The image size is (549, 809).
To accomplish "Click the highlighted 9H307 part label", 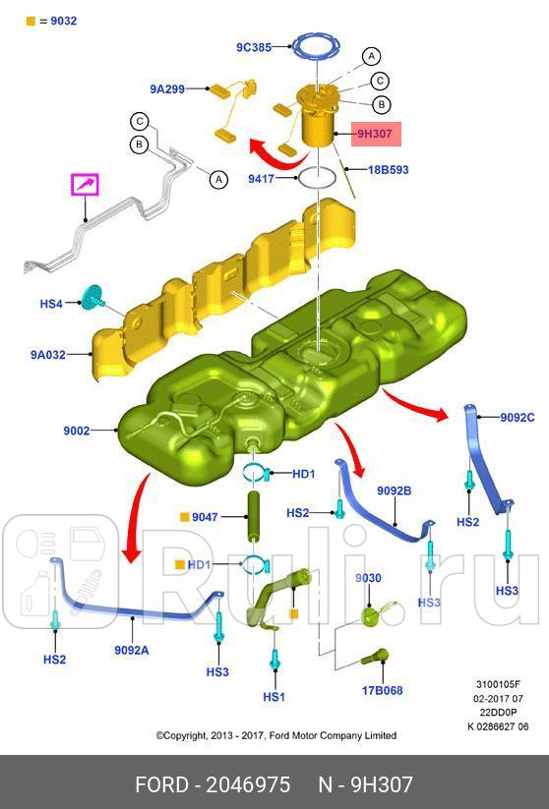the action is (x=376, y=134).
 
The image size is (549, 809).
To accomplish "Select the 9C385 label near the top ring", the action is (x=254, y=47).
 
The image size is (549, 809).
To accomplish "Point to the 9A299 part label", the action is (x=167, y=88).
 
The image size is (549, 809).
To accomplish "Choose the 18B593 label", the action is (x=388, y=169).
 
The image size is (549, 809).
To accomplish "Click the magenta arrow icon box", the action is (x=85, y=184).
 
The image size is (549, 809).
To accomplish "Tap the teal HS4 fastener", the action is (x=92, y=298).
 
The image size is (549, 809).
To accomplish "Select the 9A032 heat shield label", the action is (x=48, y=355).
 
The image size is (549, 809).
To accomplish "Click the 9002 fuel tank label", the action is (x=77, y=431).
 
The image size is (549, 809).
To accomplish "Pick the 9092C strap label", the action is (x=518, y=417).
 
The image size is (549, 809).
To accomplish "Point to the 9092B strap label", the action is (x=395, y=491).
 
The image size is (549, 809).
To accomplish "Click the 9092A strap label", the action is (x=132, y=650).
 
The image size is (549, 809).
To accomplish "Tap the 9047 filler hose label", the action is (x=205, y=516).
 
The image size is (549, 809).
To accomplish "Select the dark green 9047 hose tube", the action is (x=255, y=516).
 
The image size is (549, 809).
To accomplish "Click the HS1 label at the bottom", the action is (x=274, y=697).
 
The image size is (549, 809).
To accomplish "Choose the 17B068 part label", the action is (x=382, y=690).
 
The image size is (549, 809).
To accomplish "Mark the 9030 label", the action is (x=368, y=578).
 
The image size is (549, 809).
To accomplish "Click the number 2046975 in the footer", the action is (x=248, y=784).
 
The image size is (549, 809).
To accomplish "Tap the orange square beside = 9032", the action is (x=30, y=22).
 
